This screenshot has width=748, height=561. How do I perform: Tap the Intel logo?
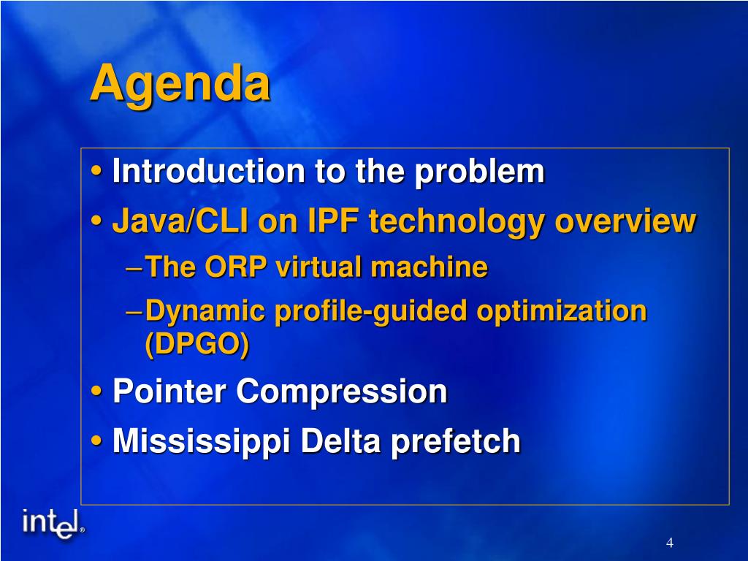53,524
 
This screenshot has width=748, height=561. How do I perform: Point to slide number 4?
670,543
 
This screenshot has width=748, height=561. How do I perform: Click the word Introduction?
208,171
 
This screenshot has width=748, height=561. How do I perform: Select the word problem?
479,172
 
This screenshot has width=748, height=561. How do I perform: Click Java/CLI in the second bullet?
180,222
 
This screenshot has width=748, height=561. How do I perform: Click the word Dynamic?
205,312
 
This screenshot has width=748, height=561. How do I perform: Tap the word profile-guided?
370,312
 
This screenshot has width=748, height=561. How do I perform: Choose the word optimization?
562,312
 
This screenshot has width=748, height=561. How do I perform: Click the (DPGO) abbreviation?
197,345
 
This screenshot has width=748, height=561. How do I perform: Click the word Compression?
342,392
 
